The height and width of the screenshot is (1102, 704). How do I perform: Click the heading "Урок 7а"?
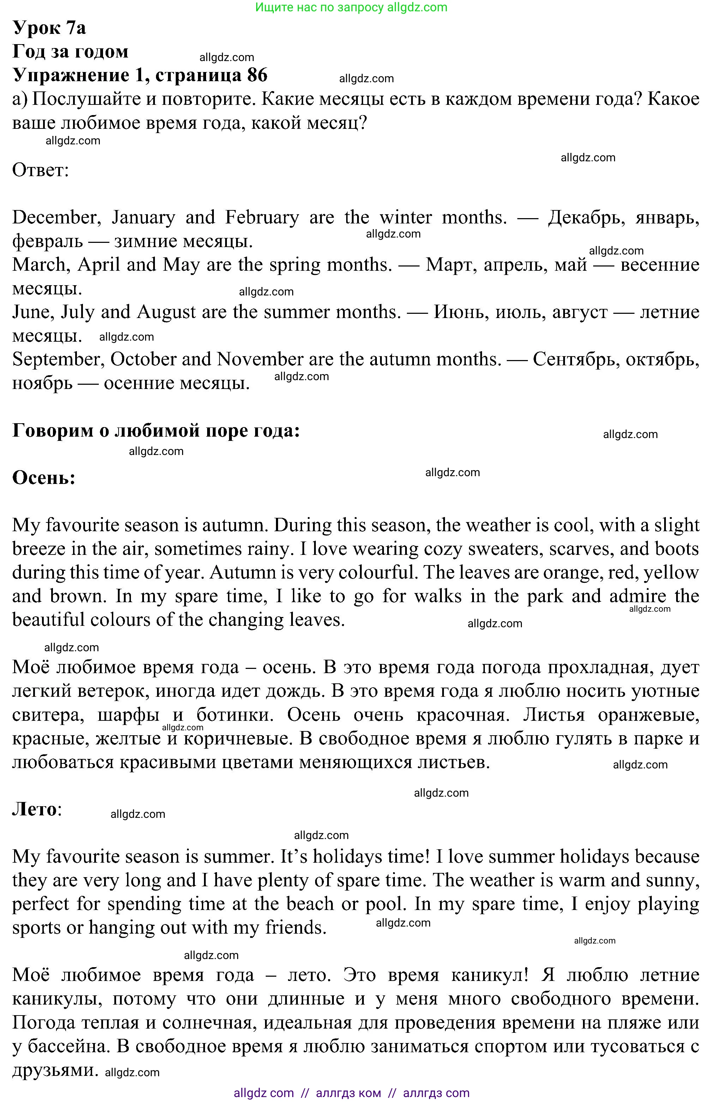49,28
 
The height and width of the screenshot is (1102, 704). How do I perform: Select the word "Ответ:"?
41,170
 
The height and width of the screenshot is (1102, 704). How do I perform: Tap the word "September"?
56,360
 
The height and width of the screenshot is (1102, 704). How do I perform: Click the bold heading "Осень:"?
44,478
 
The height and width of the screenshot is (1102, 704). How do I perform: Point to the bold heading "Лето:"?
37,809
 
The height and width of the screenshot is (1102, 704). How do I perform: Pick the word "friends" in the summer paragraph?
295,928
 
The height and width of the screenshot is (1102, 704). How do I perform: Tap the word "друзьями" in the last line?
55,1070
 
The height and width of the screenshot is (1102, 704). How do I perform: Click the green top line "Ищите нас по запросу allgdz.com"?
351,7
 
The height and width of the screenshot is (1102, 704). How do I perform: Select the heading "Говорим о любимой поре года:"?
156,430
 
